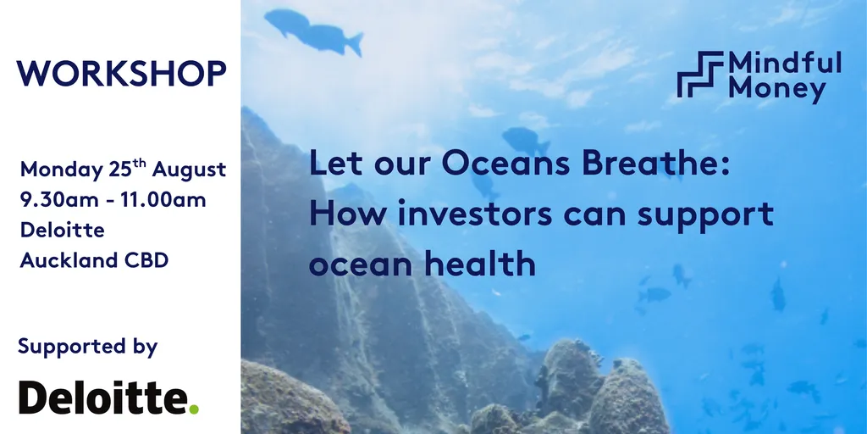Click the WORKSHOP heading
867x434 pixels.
pos(121,73)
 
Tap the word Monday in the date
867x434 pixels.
pos(61,170)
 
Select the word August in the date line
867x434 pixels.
pos(189,170)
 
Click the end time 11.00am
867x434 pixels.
pos(163,200)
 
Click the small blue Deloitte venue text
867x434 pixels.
pos(63,230)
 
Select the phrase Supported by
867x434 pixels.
pos(88,348)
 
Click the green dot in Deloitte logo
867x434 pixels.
pos(194,409)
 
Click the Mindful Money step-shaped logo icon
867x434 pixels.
pos(700,75)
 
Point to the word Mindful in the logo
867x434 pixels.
pos(785,63)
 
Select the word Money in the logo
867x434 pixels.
pos(777,89)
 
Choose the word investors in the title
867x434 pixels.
pos(475,214)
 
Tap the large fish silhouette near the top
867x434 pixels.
pos(313,32)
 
